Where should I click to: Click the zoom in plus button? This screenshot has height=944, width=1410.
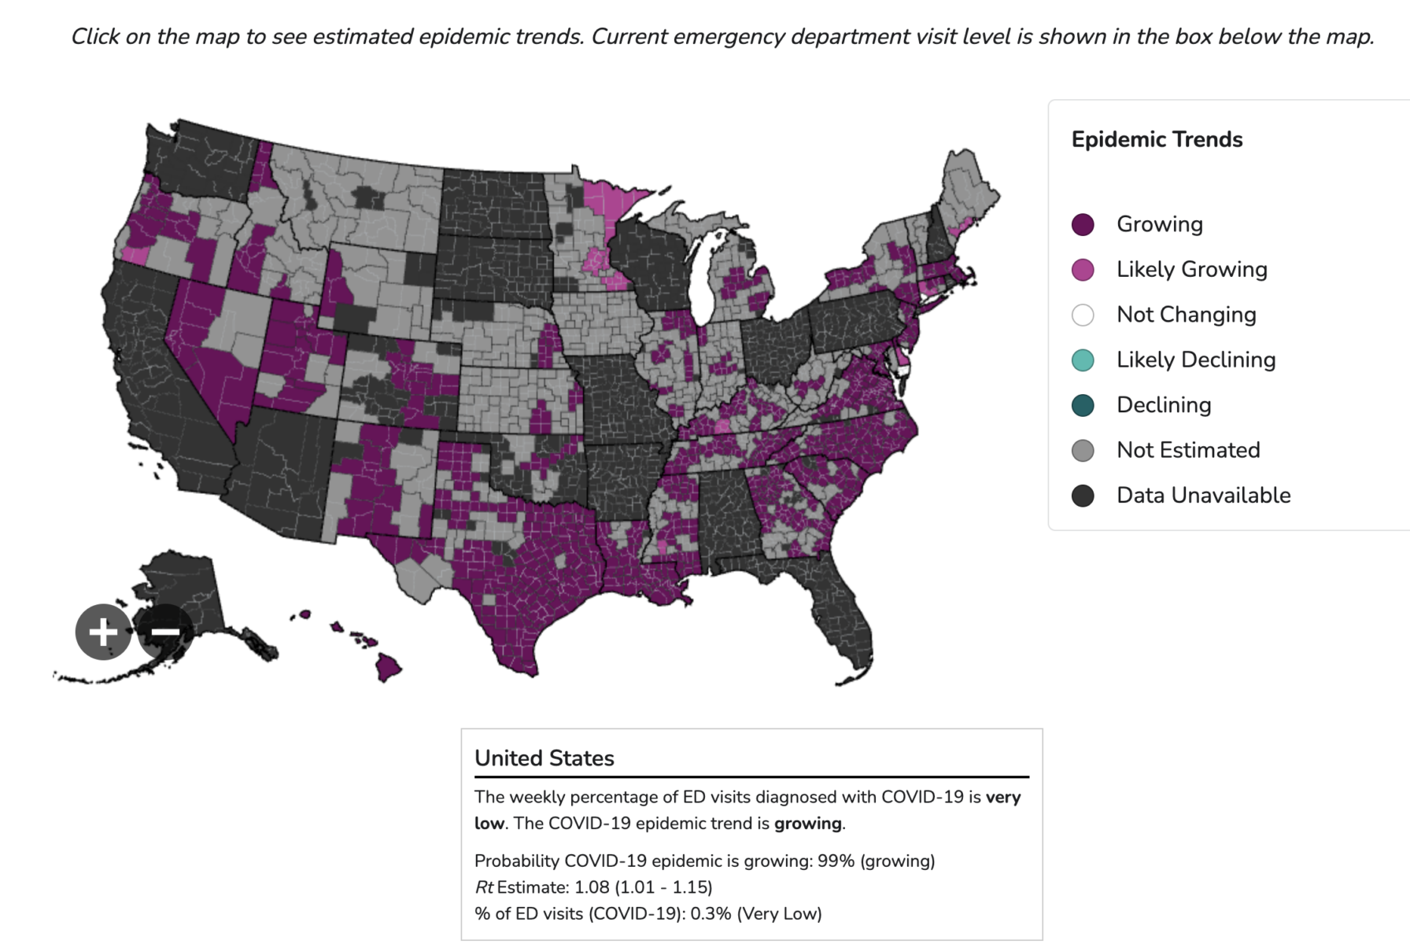tap(103, 632)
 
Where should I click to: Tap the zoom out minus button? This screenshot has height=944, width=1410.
tap(165, 632)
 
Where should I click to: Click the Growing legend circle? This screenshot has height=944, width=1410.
tap(1083, 224)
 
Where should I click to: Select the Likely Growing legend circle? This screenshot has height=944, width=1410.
tap(1083, 270)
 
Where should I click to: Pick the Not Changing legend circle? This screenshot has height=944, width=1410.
tap(1083, 315)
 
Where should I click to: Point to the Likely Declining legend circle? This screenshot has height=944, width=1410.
tap(1083, 360)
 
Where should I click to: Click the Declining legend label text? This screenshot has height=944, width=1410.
tap(1164, 405)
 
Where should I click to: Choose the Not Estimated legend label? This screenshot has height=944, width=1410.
tap(1188, 450)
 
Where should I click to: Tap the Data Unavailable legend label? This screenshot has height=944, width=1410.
tap(1204, 496)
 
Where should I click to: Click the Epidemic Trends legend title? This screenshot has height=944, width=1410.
tap(1157, 139)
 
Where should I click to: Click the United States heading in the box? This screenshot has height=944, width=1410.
tap(544, 758)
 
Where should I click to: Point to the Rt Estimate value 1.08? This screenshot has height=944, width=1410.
tap(592, 887)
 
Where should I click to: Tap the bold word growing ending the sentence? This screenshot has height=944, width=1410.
tap(807, 824)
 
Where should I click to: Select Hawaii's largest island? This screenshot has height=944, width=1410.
tap(387, 668)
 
